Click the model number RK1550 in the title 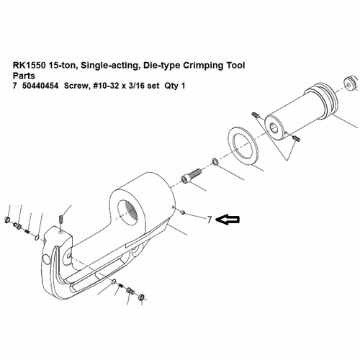pos(30,65)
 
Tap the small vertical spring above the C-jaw pos(63,217)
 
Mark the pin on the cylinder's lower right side pos(298,138)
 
